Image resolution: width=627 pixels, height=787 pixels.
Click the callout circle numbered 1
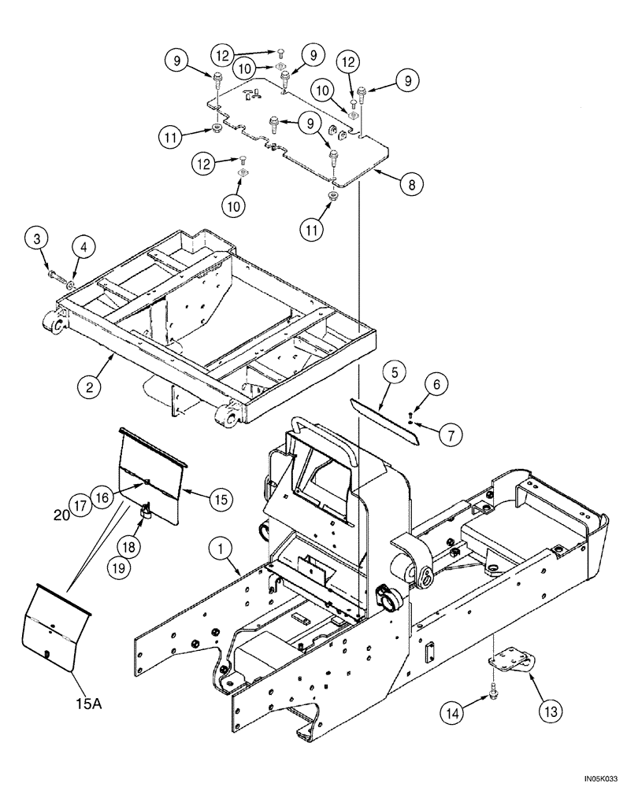click(221, 545)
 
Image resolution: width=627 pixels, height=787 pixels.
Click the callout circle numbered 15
click(221, 497)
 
